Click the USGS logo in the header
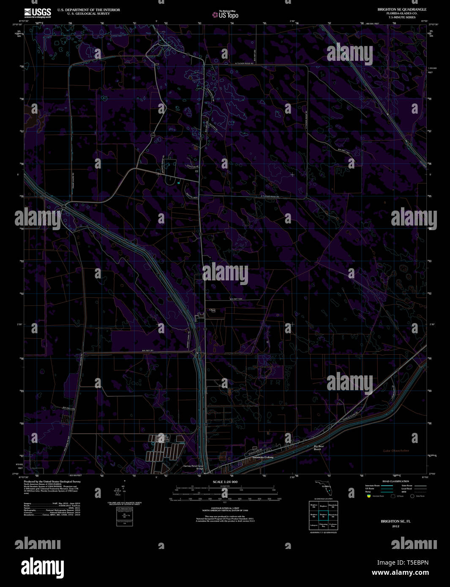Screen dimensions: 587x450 point(38,13)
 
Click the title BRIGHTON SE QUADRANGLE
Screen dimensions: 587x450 point(402,9)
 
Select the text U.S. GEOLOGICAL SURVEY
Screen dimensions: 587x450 point(89,14)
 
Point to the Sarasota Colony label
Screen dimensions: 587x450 point(263,457)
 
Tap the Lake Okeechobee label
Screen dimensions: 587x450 point(396,451)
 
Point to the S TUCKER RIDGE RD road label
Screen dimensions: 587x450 point(270,197)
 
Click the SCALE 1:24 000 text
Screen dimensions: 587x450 point(225,482)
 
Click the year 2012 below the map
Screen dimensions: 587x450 point(395,526)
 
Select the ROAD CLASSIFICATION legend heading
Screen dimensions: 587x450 point(395,481)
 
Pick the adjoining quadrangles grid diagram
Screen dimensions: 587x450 point(323,516)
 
